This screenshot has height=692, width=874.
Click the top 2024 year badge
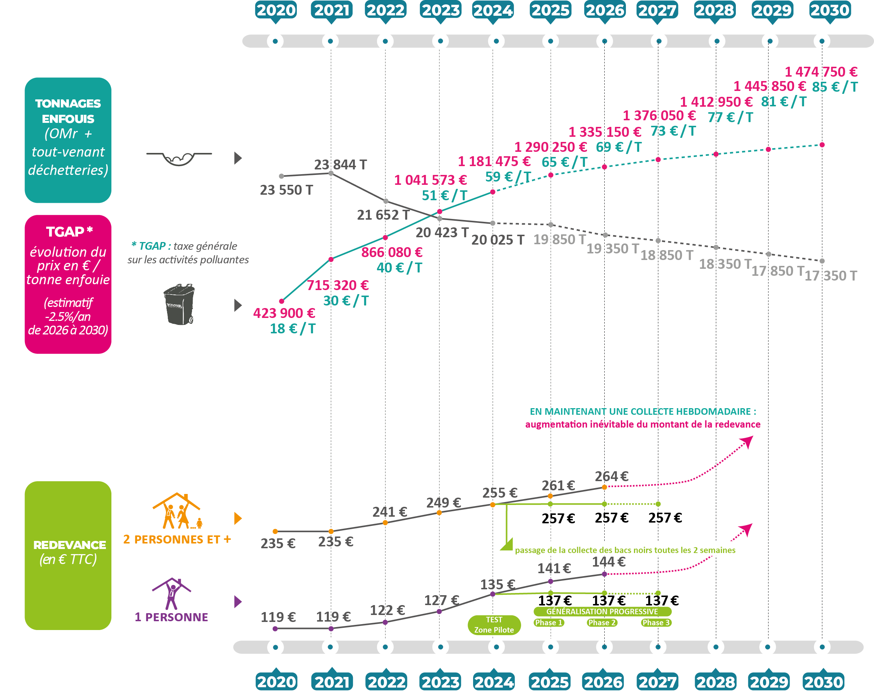493,10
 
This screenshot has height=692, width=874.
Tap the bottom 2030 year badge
823,681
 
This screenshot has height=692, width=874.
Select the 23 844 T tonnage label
340,165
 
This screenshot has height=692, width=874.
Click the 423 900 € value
284,313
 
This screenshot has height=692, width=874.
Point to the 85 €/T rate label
835,87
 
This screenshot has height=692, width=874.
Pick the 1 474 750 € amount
821,72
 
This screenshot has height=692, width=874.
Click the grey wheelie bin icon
179,304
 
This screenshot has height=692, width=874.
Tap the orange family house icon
177,511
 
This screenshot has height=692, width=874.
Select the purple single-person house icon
172,594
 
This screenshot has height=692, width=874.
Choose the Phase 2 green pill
602,623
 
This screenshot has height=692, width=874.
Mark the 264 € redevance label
611,476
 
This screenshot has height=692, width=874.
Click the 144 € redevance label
608,562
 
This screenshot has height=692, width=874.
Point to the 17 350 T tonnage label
831,276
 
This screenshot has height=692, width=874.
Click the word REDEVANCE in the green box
70,545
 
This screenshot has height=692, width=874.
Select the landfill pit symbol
179,158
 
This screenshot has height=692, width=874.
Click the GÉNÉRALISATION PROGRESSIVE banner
602,611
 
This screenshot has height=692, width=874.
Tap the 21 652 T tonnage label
383,215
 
